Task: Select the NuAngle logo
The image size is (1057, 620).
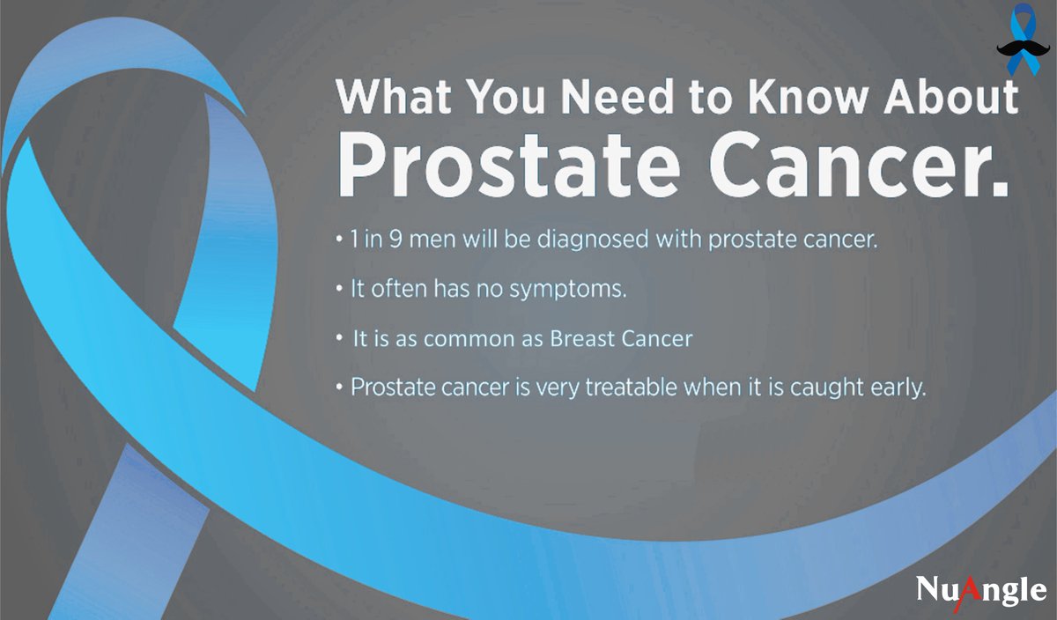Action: click(x=980, y=590)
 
